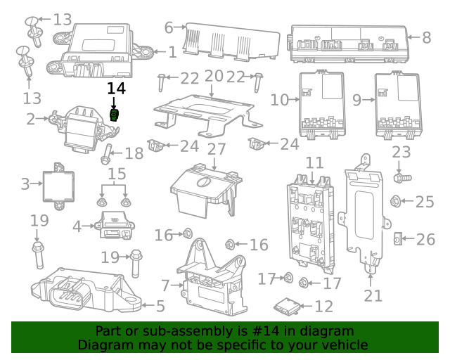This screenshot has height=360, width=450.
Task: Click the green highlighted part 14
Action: click(x=115, y=115)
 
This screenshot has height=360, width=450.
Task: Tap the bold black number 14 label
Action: click(x=116, y=89)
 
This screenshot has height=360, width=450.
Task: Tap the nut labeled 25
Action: click(x=396, y=202)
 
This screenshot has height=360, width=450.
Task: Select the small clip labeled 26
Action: click(x=397, y=240)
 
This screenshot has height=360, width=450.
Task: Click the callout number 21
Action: click(x=373, y=295)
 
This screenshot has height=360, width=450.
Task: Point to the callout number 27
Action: click(x=216, y=150)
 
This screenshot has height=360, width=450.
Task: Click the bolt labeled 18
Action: click(x=108, y=153)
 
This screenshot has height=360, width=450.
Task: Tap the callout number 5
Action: click(x=160, y=306)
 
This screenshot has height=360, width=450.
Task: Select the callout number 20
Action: click(x=213, y=76)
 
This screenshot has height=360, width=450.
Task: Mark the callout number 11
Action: click(x=314, y=163)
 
